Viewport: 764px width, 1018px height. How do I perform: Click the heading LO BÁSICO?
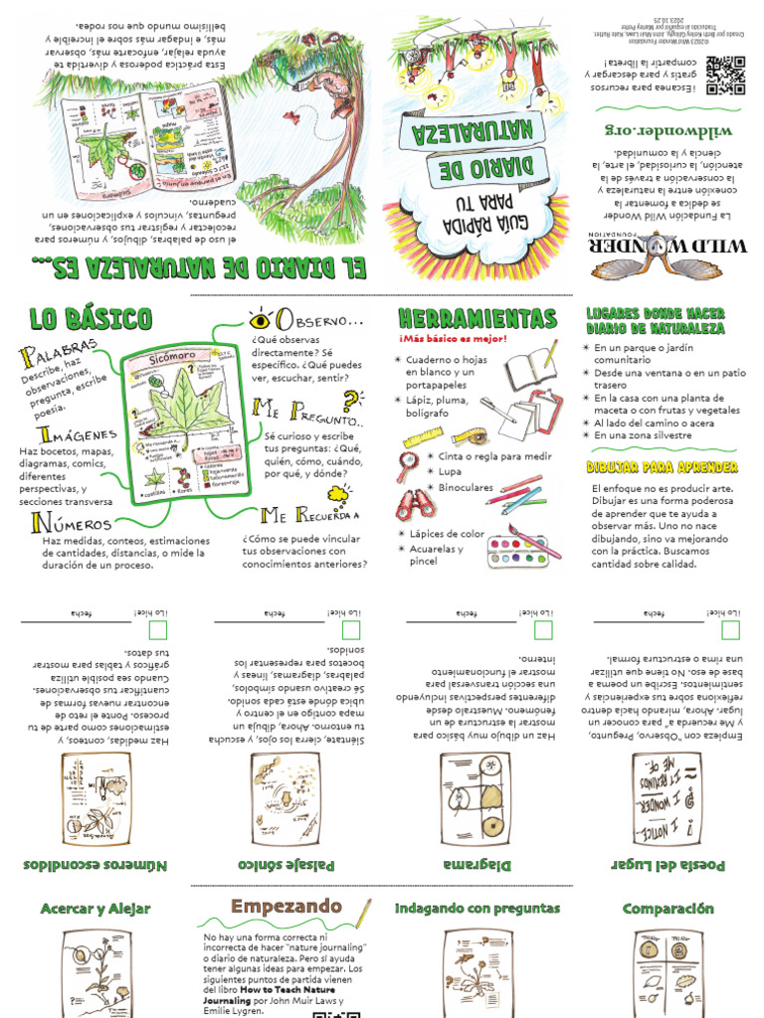[91, 319]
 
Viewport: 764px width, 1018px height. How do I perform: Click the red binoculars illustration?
[416, 504]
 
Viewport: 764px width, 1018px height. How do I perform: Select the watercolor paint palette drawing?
[524, 550]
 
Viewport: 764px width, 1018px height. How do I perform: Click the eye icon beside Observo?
[262, 320]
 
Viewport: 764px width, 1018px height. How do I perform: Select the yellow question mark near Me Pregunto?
[351, 402]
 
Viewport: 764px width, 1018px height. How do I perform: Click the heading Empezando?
[286, 907]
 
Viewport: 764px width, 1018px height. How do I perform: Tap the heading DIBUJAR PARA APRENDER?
[662, 467]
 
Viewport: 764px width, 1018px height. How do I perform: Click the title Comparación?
[668, 909]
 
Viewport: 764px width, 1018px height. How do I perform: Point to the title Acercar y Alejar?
[95, 909]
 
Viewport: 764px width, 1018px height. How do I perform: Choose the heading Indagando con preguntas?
[477, 909]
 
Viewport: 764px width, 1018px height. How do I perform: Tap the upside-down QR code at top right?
[725, 75]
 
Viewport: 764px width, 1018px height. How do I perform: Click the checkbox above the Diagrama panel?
[542, 630]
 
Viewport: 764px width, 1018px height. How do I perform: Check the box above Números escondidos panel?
[156, 630]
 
